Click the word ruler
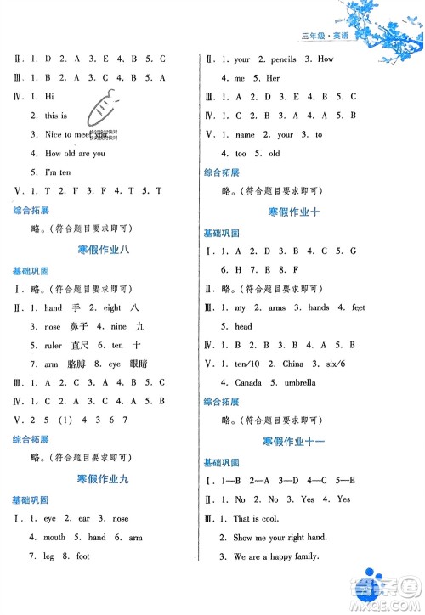point(54,346)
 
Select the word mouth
point(54,537)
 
